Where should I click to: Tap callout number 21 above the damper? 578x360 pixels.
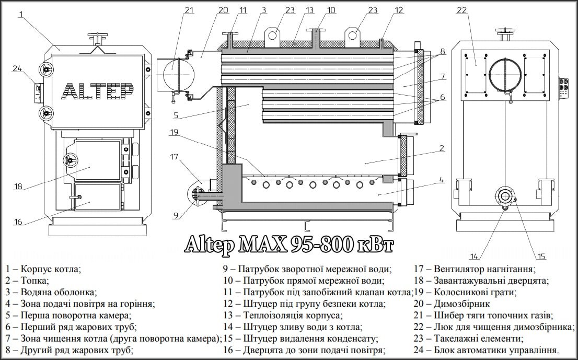[x=189, y=9]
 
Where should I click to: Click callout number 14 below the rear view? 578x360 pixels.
[x=474, y=256]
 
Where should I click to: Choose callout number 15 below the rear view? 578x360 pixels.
[x=541, y=256]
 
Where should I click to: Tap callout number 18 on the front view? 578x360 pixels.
[x=18, y=187]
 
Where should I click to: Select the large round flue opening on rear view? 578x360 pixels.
[x=505, y=75]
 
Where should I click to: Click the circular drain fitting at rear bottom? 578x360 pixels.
[x=505, y=196]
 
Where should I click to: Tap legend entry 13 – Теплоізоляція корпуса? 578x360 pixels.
[x=283, y=316]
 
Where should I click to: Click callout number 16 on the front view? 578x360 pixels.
[x=18, y=222]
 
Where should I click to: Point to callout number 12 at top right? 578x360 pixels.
[x=399, y=9]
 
